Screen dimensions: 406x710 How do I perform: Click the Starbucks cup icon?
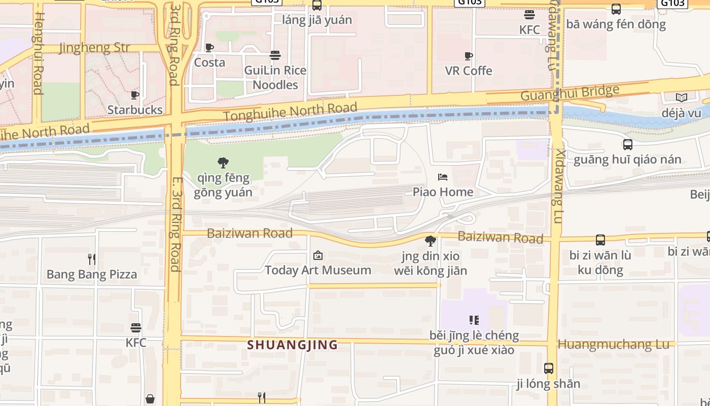pos(135,95)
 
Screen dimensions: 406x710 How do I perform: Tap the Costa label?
pos(209,62)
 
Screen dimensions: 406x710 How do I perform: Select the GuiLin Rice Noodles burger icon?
pos(275,55)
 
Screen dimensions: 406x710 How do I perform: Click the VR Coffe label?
pos(469,71)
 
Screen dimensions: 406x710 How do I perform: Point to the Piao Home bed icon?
pos(443,177)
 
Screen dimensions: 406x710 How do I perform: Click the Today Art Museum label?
pos(318,270)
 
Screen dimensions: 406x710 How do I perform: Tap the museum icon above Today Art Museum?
pos(318,255)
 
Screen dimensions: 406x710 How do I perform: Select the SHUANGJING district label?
pos(293,345)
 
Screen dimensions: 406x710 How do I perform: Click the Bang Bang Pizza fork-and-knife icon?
pos(92,259)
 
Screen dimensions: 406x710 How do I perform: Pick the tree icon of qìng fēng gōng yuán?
pos(223,163)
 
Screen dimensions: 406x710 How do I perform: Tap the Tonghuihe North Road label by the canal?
pos(290,112)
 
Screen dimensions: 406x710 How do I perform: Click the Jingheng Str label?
pos(95,48)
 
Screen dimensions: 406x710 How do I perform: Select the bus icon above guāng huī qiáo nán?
pos(627,145)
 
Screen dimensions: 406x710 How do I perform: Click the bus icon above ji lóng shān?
pos(548,368)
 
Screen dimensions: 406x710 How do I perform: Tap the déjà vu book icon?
pos(681,97)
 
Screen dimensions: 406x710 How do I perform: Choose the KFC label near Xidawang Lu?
pos(529,30)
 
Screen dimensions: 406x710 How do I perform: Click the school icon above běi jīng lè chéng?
pos(474,320)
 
